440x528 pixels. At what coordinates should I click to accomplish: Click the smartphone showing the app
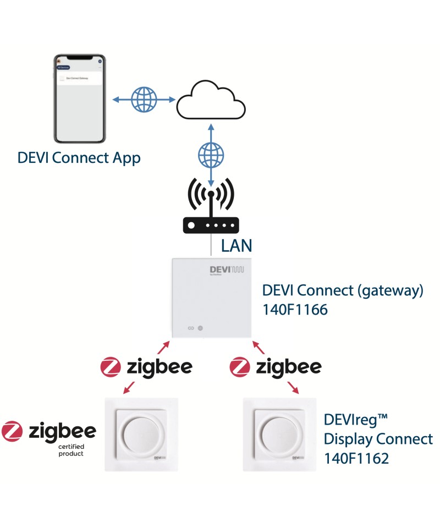79,98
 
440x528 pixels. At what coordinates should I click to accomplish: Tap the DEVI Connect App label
79,158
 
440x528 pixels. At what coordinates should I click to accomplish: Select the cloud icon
211,100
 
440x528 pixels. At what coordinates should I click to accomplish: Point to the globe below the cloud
211,155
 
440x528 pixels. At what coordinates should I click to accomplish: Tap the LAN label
237,245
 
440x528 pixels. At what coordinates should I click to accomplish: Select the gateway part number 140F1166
295,310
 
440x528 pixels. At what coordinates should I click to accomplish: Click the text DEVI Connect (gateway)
343,290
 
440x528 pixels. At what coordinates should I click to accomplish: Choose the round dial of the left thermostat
141,432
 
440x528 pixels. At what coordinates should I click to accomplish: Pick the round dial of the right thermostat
279,432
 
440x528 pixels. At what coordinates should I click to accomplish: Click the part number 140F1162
356,458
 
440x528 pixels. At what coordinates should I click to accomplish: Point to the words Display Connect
378,439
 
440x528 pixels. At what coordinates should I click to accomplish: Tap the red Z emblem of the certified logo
12,432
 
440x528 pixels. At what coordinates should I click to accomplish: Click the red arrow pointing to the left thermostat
128,388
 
